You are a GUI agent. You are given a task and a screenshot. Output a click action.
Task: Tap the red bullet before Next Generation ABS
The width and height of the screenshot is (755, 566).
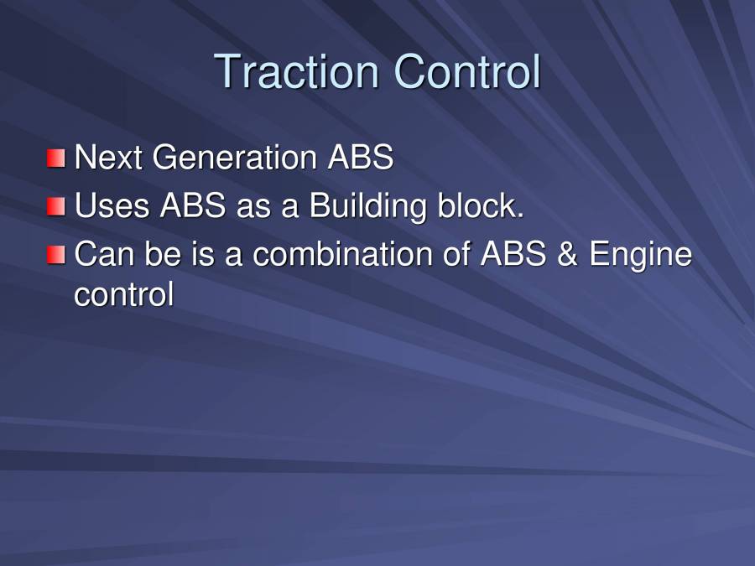55,158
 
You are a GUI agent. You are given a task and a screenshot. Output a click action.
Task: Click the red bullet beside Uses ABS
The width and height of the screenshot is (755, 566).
55,206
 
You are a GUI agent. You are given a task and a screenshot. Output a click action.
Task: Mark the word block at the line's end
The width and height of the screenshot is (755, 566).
481,206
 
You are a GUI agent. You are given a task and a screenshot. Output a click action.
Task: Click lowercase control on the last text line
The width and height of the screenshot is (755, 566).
124,294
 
